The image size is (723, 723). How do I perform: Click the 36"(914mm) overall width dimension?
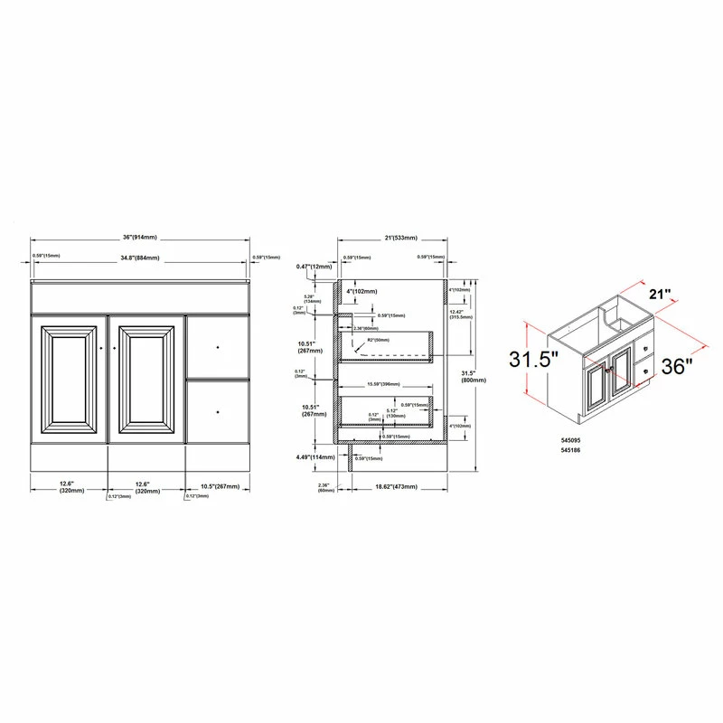pyautogui.click(x=140, y=237)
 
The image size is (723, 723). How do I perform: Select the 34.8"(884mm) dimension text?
pyautogui.click(x=140, y=258)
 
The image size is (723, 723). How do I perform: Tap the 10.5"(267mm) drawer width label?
pyautogui.click(x=221, y=486)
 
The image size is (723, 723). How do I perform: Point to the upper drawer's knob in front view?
pyautogui.click(x=219, y=346)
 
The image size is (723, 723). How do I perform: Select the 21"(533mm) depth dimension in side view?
pyautogui.click(x=393, y=238)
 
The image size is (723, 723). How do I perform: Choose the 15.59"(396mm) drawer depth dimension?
pyautogui.click(x=385, y=385)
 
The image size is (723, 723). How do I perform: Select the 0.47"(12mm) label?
pyautogui.click(x=314, y=267)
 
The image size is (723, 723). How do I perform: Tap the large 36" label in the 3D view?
pyautogui.click(x=676, y=367)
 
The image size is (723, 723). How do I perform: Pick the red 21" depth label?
pyautogui.click(x=661, y=295)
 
